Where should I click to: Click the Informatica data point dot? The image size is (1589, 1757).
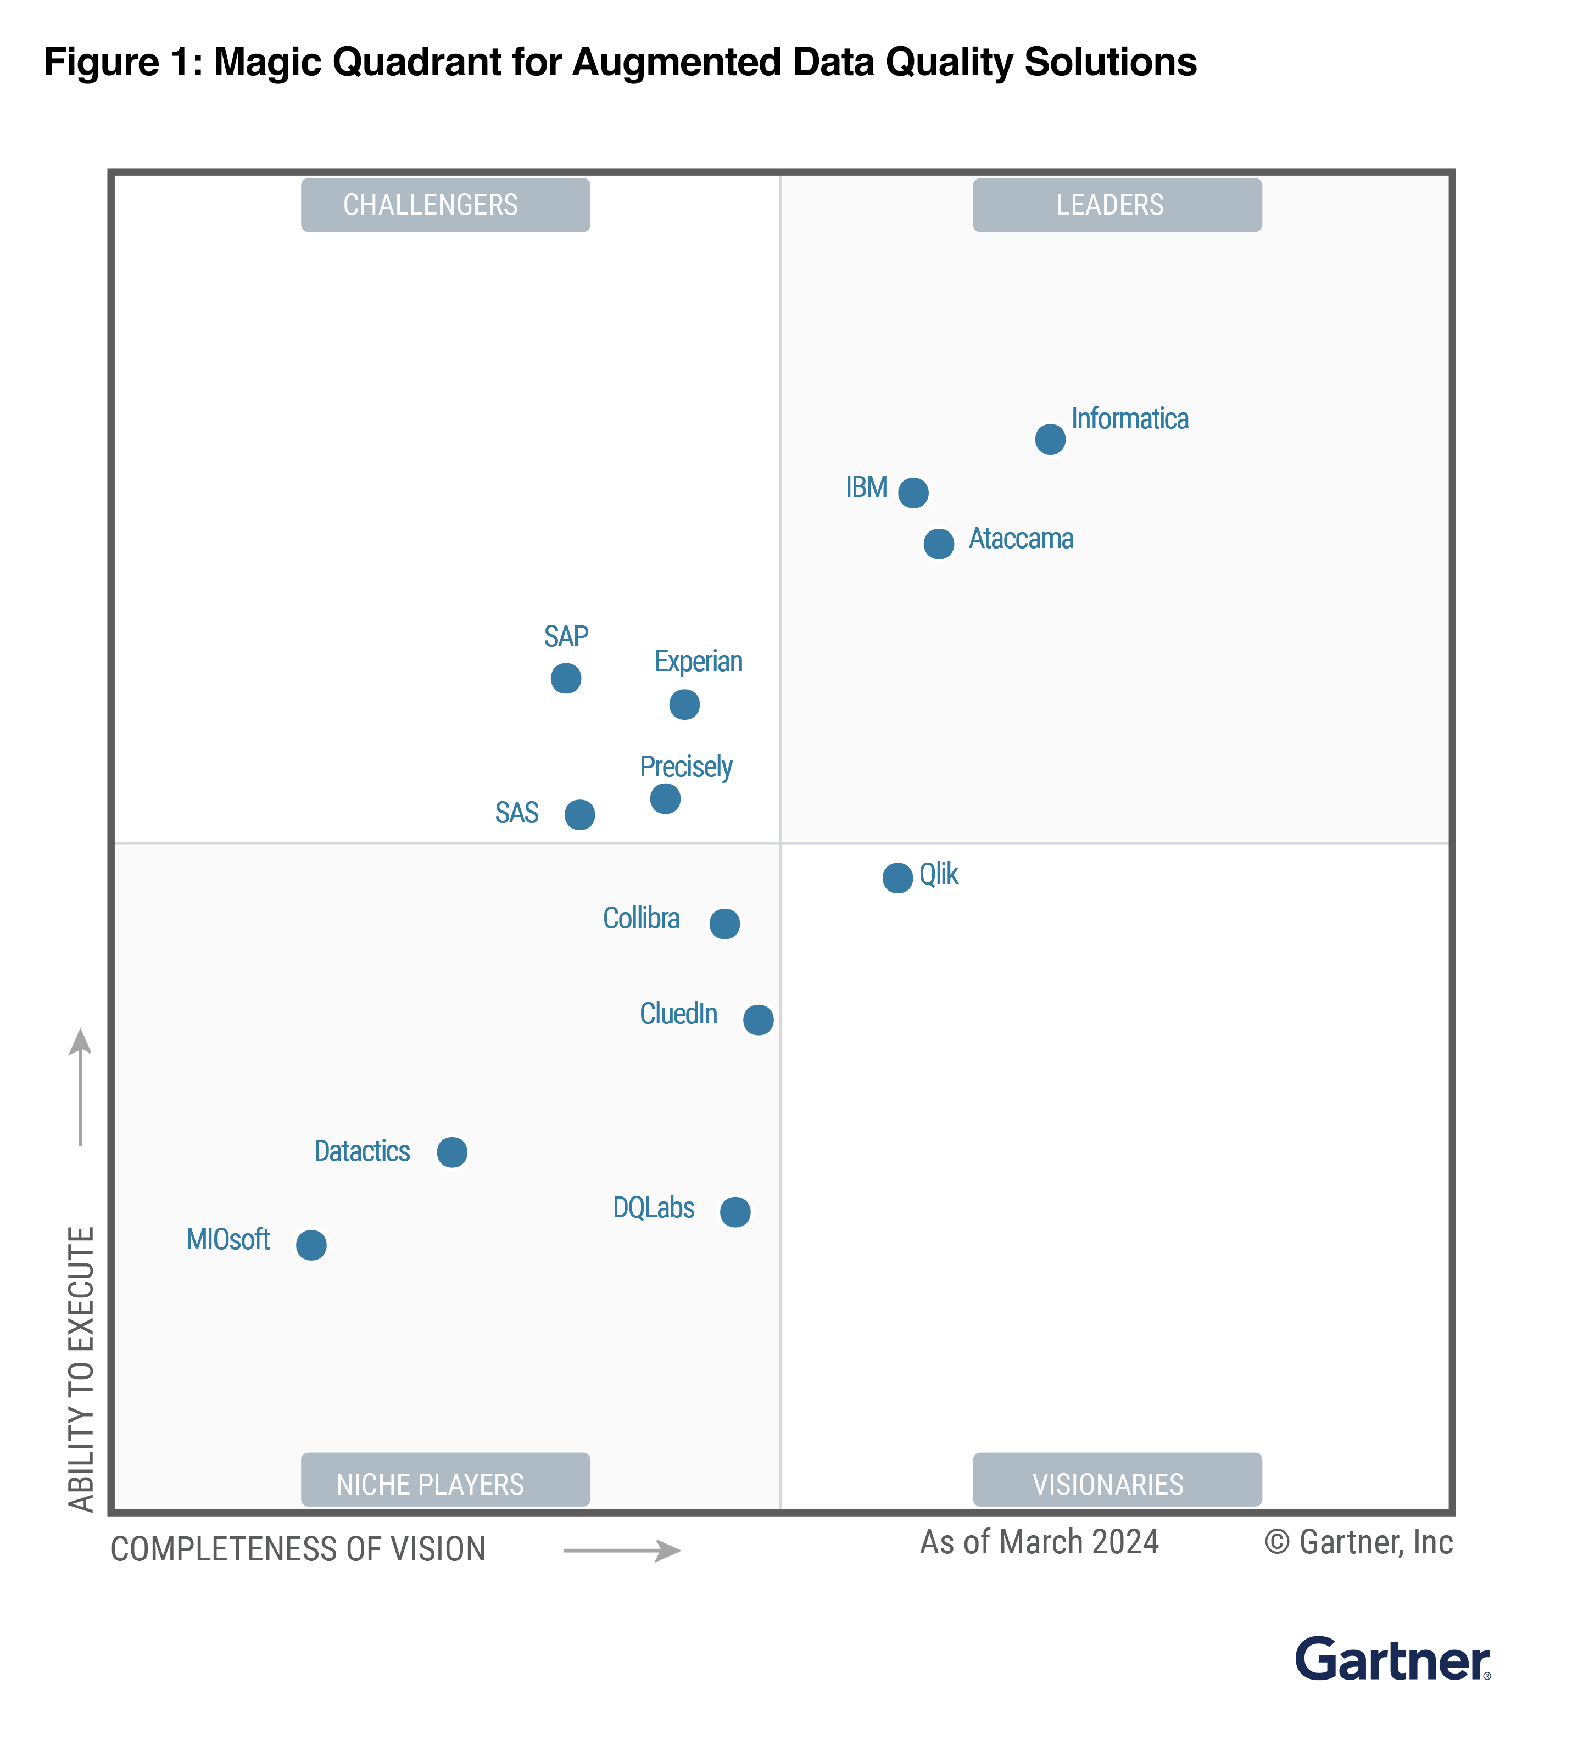tap(1050, 439)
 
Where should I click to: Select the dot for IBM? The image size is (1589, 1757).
tap(913, 493)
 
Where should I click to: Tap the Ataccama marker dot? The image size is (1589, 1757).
tap(938, 543)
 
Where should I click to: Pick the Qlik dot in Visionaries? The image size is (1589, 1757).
tap(897, 877)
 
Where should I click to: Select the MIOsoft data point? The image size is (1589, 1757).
tap(311, 1245)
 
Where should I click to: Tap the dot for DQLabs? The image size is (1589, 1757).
tap(735, 1211)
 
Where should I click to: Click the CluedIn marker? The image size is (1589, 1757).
tap(757, 1019)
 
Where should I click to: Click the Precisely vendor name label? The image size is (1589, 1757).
tap(686, 767)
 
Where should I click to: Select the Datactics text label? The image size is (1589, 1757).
tap(362, 1151)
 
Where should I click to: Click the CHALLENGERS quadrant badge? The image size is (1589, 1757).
tap(445, 205)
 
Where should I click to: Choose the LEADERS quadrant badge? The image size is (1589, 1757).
tap(1117, 205)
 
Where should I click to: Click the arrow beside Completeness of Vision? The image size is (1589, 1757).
tap(621, 1551)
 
